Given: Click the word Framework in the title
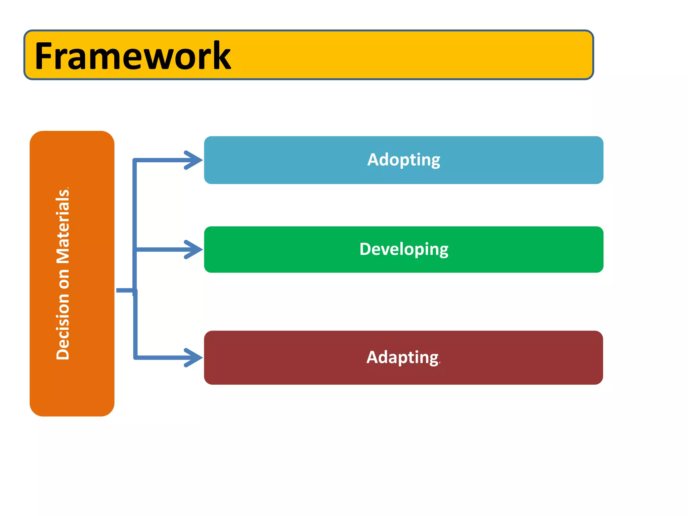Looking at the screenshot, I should click(133, 56).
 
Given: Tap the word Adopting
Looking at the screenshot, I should click(403, 160).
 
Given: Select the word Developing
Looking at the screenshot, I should click(403, 250).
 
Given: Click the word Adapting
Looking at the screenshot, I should click(402, 357).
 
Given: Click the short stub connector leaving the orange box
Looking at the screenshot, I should click(125, 290).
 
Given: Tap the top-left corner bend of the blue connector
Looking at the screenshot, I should click(135, 160).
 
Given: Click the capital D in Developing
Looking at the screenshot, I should click(365, 249).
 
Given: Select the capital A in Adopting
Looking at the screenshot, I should click(373, 160).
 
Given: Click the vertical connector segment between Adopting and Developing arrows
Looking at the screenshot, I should click(135, 205).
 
